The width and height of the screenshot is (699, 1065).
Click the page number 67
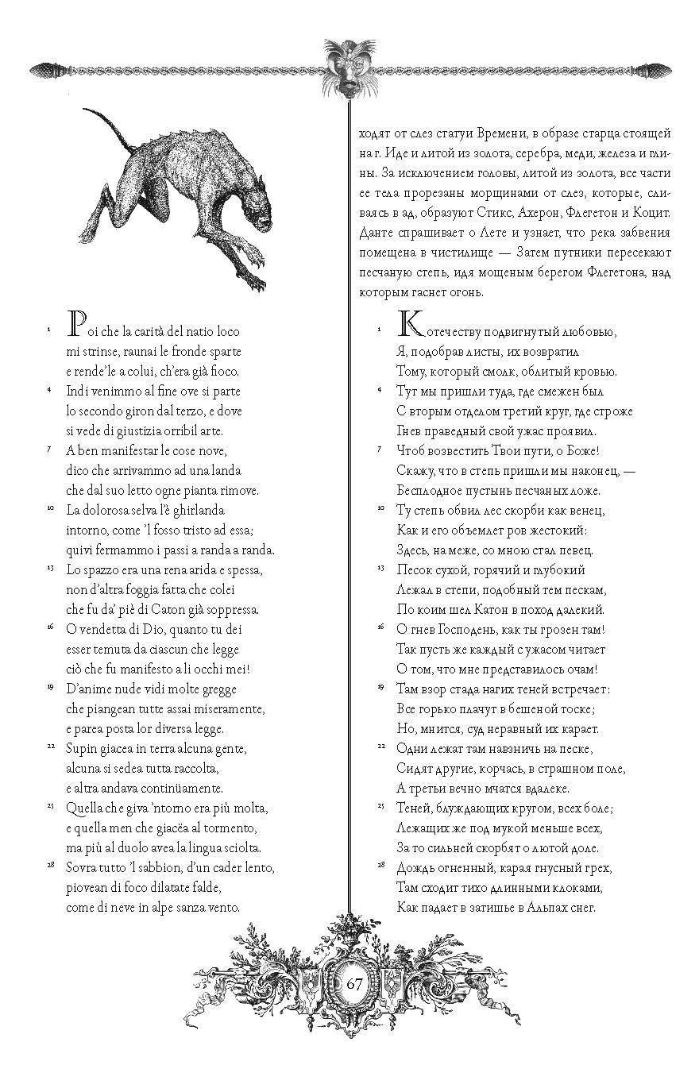point(354,983)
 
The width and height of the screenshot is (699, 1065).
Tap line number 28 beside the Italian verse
point(49,864)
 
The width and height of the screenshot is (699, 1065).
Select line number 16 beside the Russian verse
point(380,627)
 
